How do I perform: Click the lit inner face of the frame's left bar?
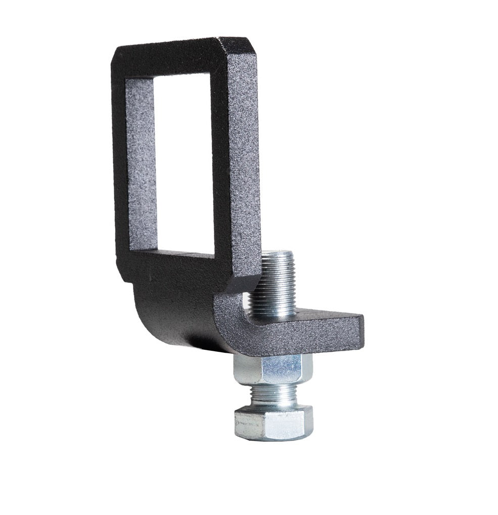coord(141,162)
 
